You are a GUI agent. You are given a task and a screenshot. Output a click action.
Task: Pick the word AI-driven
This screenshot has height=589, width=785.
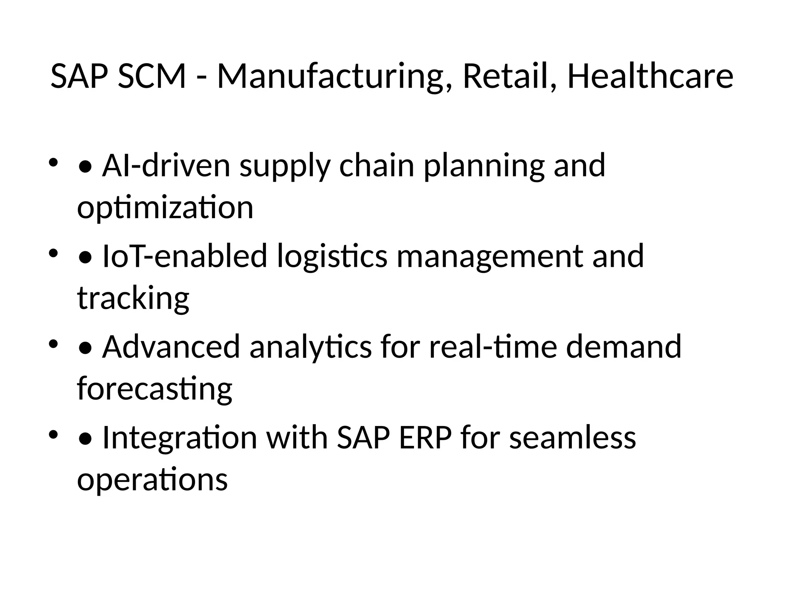click(166, 166)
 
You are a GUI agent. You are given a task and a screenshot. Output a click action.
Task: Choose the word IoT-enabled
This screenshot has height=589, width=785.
click(185, 256)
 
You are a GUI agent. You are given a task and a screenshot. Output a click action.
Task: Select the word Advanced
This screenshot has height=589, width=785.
click(171, 347)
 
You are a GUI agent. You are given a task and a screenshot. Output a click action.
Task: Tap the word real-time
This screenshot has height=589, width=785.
click(493, 347)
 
